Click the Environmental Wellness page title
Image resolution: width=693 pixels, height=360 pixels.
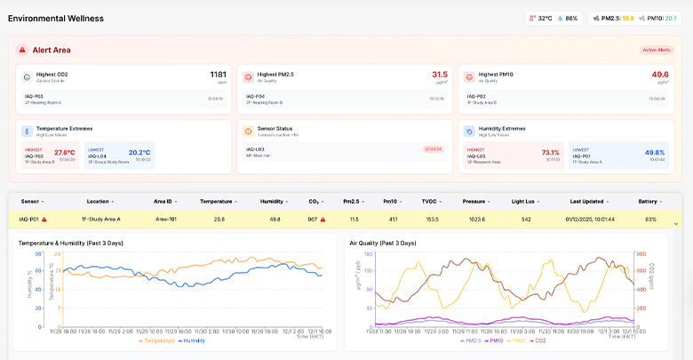55,18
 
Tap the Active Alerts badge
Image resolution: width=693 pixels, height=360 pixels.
657,50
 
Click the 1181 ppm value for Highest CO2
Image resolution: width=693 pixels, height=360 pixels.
219,75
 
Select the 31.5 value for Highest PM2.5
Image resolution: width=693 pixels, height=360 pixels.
439,75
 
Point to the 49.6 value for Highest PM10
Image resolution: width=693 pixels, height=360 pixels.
659,75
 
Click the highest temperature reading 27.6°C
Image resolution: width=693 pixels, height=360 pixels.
65,152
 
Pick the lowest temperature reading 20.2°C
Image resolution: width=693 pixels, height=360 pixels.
139,152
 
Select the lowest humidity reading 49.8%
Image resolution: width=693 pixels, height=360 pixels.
654,152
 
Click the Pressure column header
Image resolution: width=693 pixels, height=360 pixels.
475,202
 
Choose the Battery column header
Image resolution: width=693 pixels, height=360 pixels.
648,202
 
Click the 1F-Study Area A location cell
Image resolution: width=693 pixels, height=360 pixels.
100,219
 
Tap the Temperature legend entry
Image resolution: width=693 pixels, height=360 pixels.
157,340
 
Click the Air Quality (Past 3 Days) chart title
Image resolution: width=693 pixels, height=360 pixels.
383,242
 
